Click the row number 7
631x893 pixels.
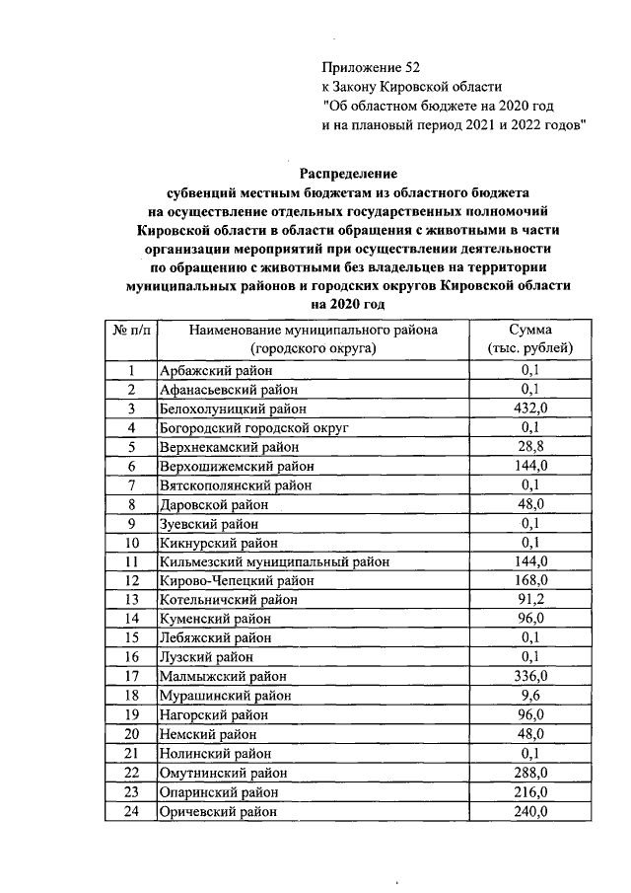pos(130,484)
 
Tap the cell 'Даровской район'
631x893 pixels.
pos(209,503)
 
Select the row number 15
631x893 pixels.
pos(130,637)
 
